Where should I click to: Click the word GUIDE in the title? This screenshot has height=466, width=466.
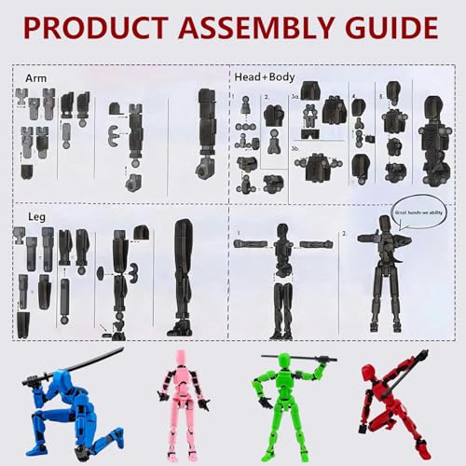392,28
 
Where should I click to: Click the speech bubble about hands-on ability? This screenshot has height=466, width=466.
417,211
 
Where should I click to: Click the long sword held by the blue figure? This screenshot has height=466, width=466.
75,364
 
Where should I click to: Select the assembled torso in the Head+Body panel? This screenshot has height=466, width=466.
435,140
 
